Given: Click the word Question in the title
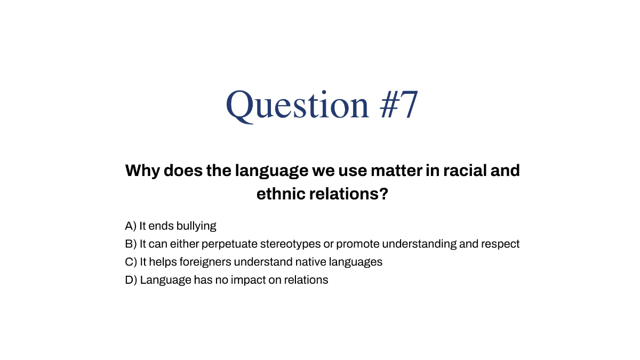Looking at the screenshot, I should point(298,105).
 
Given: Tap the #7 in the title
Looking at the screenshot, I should point(399,105).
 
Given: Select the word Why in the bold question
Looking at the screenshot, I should point(141,171).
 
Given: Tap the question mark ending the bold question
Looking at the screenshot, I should point(382,194).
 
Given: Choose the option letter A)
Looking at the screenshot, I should point(131,226).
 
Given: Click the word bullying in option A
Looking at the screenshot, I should point(196,226).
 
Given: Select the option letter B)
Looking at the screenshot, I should point(131,244).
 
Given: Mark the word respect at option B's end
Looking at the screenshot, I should point(500,244).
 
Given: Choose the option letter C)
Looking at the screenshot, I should point(131,262).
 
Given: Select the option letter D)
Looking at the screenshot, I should point(131,279).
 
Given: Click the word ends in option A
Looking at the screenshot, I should point(161,226).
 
